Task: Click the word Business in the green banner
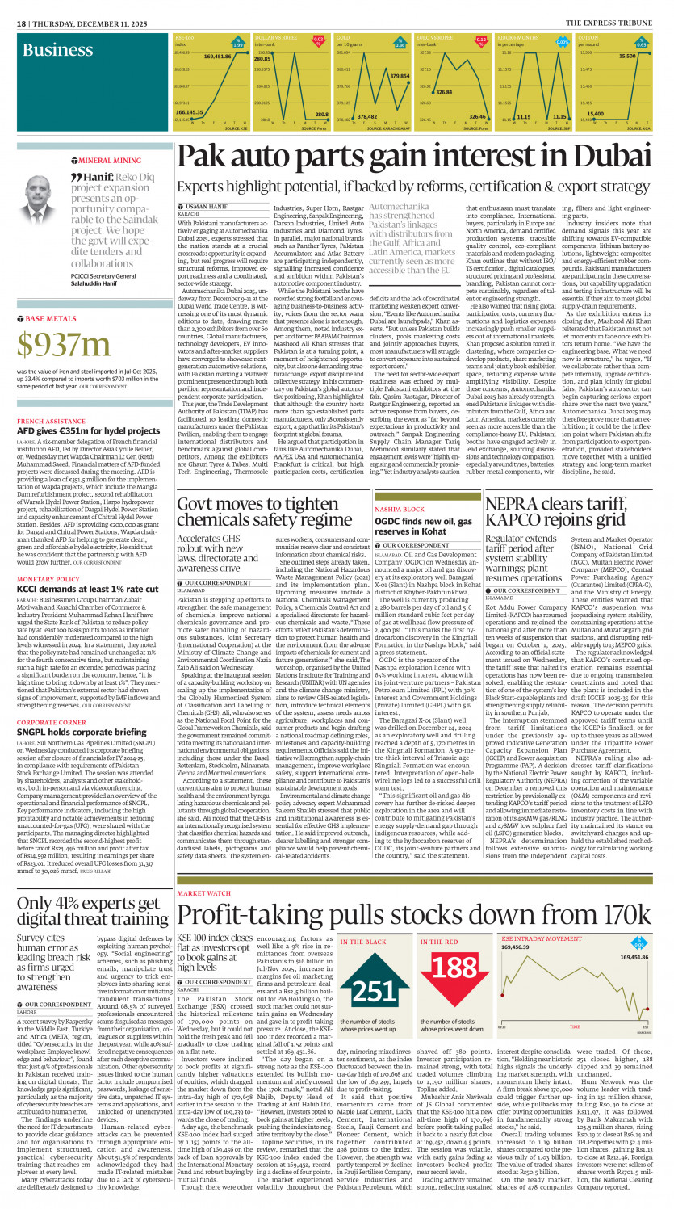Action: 57,51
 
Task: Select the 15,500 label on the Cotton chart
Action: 627,57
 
